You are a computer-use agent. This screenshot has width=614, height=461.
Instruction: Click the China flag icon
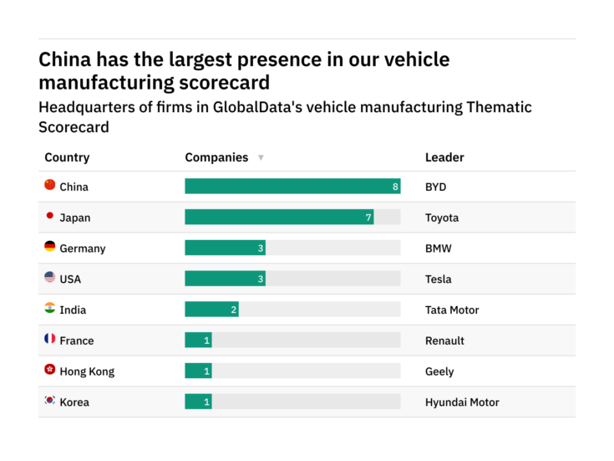(x=49, y=186)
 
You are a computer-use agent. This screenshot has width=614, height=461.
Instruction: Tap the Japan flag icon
(x=49, y=217)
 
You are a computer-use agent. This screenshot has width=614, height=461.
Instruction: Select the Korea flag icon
(x=49, y=402)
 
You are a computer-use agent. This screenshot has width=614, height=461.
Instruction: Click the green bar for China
(x=292, y=187)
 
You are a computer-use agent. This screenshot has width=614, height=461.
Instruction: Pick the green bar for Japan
(x=278, y=218)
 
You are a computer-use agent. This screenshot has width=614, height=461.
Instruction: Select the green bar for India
(x=211, y=310)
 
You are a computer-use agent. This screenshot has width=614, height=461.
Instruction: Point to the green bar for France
(x=198, y=341)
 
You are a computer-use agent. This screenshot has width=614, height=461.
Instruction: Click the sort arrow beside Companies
(x=261, y=157)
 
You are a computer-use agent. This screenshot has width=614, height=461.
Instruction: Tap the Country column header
(x=67, y=157)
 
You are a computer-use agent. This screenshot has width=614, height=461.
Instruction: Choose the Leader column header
(x=444, y=157)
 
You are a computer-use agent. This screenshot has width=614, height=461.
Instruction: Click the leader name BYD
(x=436, y=187)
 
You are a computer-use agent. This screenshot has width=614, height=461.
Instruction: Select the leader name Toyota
(x=442, y=218)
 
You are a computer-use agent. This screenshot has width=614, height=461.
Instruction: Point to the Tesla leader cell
(x=439, y=279)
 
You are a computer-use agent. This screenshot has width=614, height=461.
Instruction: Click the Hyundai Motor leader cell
(x=462, y=402)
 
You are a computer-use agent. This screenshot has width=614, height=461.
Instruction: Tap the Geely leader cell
(x=439, y=371)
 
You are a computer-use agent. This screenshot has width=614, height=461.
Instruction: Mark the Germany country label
(x=83, y=248)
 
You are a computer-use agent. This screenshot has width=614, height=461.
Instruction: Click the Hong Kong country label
(x=87, y=371)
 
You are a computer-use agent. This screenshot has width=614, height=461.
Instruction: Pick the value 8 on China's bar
(x=395, y=187)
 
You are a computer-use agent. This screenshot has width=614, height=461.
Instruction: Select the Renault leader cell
(x=444, y=341)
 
